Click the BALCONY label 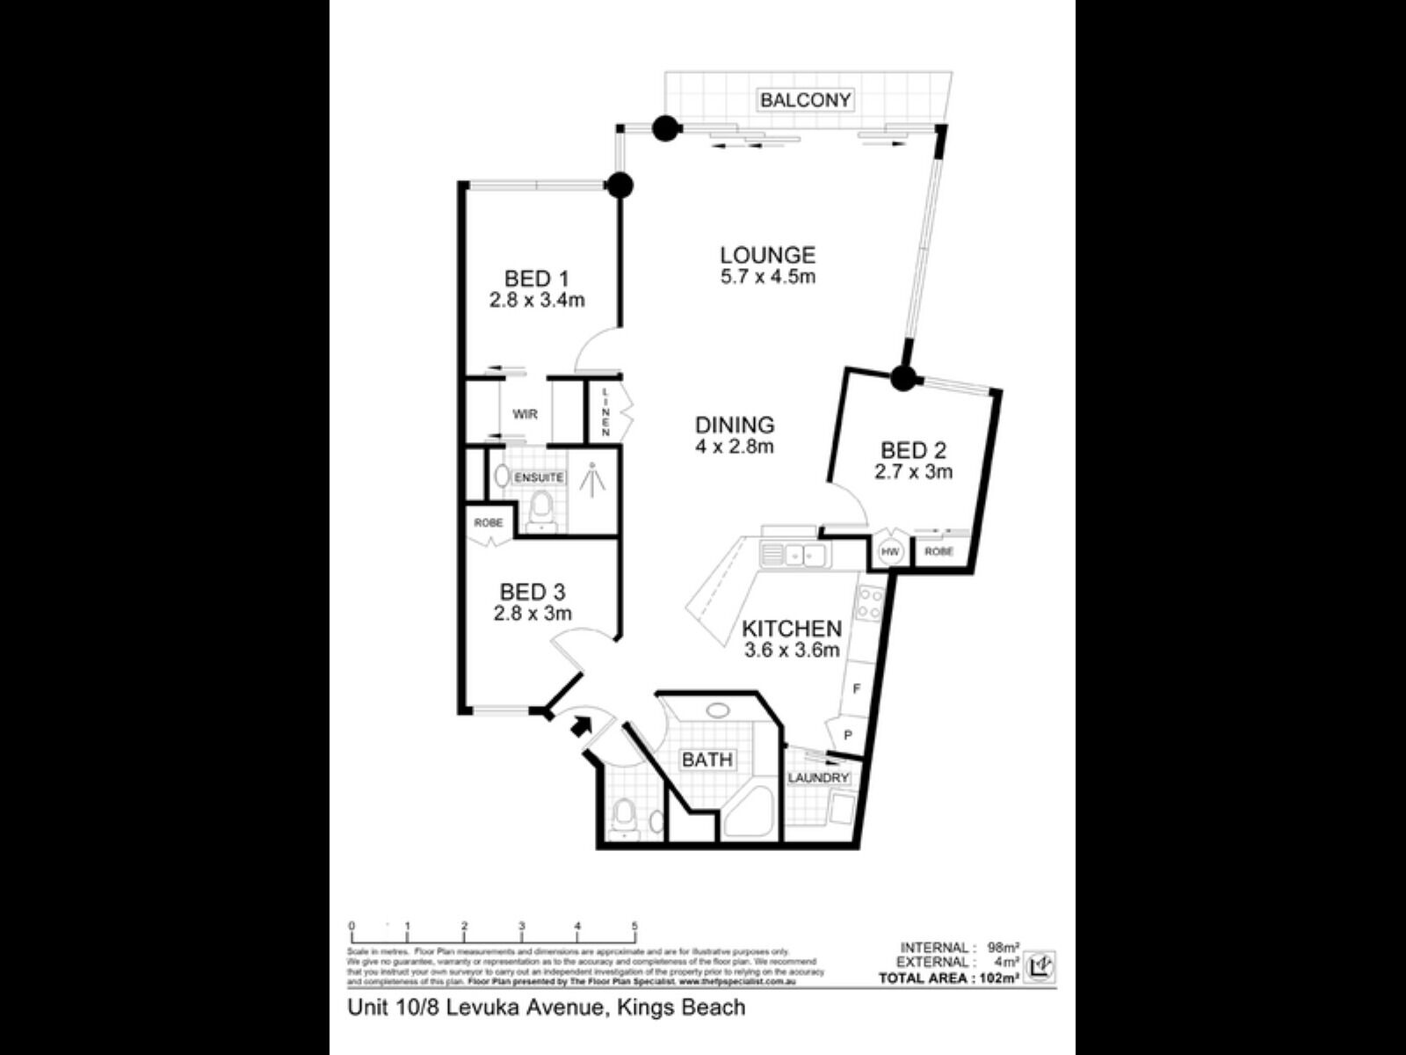tap(806, 100)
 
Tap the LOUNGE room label tap(768, 256)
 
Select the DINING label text tap(735, 426)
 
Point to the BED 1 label tap(536, 280)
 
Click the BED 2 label tap(913, 452)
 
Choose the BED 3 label tap(533, 593)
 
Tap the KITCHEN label tap(792, 629)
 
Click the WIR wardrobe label tap(525, 414)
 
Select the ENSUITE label tap(539, 477)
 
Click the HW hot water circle tap(891, 552)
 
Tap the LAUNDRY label tap(818, 778)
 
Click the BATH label tap(707, 760)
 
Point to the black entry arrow tap(580, 726)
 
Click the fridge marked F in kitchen tap(857, 689)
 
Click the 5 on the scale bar tap(634, 927)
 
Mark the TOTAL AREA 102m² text tap(949, 978)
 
